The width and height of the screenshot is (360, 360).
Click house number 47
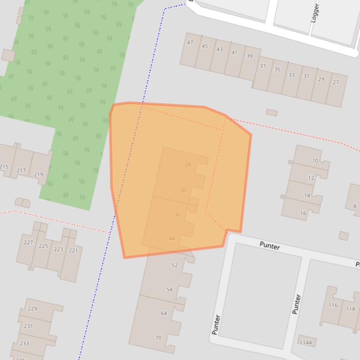click(190, 43)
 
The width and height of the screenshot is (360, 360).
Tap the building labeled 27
click(336, 82)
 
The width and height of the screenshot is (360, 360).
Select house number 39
click(250, 56)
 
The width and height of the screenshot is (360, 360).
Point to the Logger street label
click(315, 13)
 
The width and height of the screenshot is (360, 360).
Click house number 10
click(315, 161)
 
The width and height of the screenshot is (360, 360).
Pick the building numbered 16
click(303, 213)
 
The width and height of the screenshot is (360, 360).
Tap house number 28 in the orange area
click(188, 165)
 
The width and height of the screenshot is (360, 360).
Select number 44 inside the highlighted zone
click(172, 238)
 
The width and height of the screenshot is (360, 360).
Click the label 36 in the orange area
click(177, 215)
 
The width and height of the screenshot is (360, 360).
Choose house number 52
click(175, 266)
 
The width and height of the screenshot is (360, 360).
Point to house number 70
click(158, 338)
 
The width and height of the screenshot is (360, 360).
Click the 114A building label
click(306, 343)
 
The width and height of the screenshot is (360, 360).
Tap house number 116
click(333, 305)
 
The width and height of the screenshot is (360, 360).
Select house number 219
click(38, 175)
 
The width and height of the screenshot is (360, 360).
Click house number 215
click(4, 167)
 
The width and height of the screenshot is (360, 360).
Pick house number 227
click(28, 243)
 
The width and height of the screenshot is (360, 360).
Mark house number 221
click(73, 251)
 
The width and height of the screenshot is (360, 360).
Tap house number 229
click(32, 309)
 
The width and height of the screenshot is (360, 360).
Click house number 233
click(24, 343)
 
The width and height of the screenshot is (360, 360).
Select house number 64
click(164, 313)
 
